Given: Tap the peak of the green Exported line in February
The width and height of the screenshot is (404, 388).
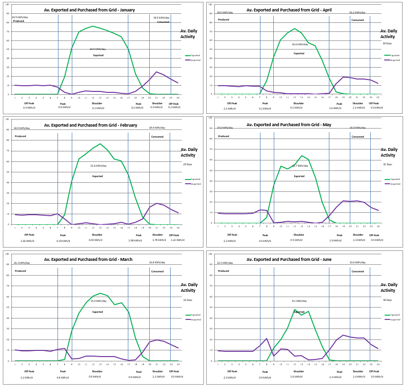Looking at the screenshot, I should pos(100,144).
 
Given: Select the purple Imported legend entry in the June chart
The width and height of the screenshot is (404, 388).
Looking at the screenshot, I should pos(393,319).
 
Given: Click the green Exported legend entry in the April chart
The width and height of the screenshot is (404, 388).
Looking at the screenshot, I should pos(393,55).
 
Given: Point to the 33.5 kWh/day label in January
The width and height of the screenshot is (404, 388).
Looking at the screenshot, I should pos(20,17).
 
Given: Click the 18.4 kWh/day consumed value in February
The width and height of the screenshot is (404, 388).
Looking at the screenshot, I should pos(157,128).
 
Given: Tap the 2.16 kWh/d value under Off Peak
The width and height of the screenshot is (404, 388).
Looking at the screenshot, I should pos(29,241).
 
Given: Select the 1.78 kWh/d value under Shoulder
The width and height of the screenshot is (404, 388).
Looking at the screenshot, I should pos(157,240).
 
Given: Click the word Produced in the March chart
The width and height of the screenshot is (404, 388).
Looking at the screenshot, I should pos(20,271).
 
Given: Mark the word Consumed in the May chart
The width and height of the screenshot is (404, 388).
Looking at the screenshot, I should pos(357,137).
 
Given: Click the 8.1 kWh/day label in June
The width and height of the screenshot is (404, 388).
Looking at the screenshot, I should pos(299,301).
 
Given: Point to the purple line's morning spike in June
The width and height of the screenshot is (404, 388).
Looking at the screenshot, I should pos(267,338).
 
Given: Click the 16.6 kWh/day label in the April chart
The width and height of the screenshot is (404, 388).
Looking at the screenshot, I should pos(300,44).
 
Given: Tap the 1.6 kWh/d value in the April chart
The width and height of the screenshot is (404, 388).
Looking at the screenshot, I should pos(336,108).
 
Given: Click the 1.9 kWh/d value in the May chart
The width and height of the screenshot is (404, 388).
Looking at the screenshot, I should pos(336,240).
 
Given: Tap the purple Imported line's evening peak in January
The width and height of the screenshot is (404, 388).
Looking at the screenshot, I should pos(156,72).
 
